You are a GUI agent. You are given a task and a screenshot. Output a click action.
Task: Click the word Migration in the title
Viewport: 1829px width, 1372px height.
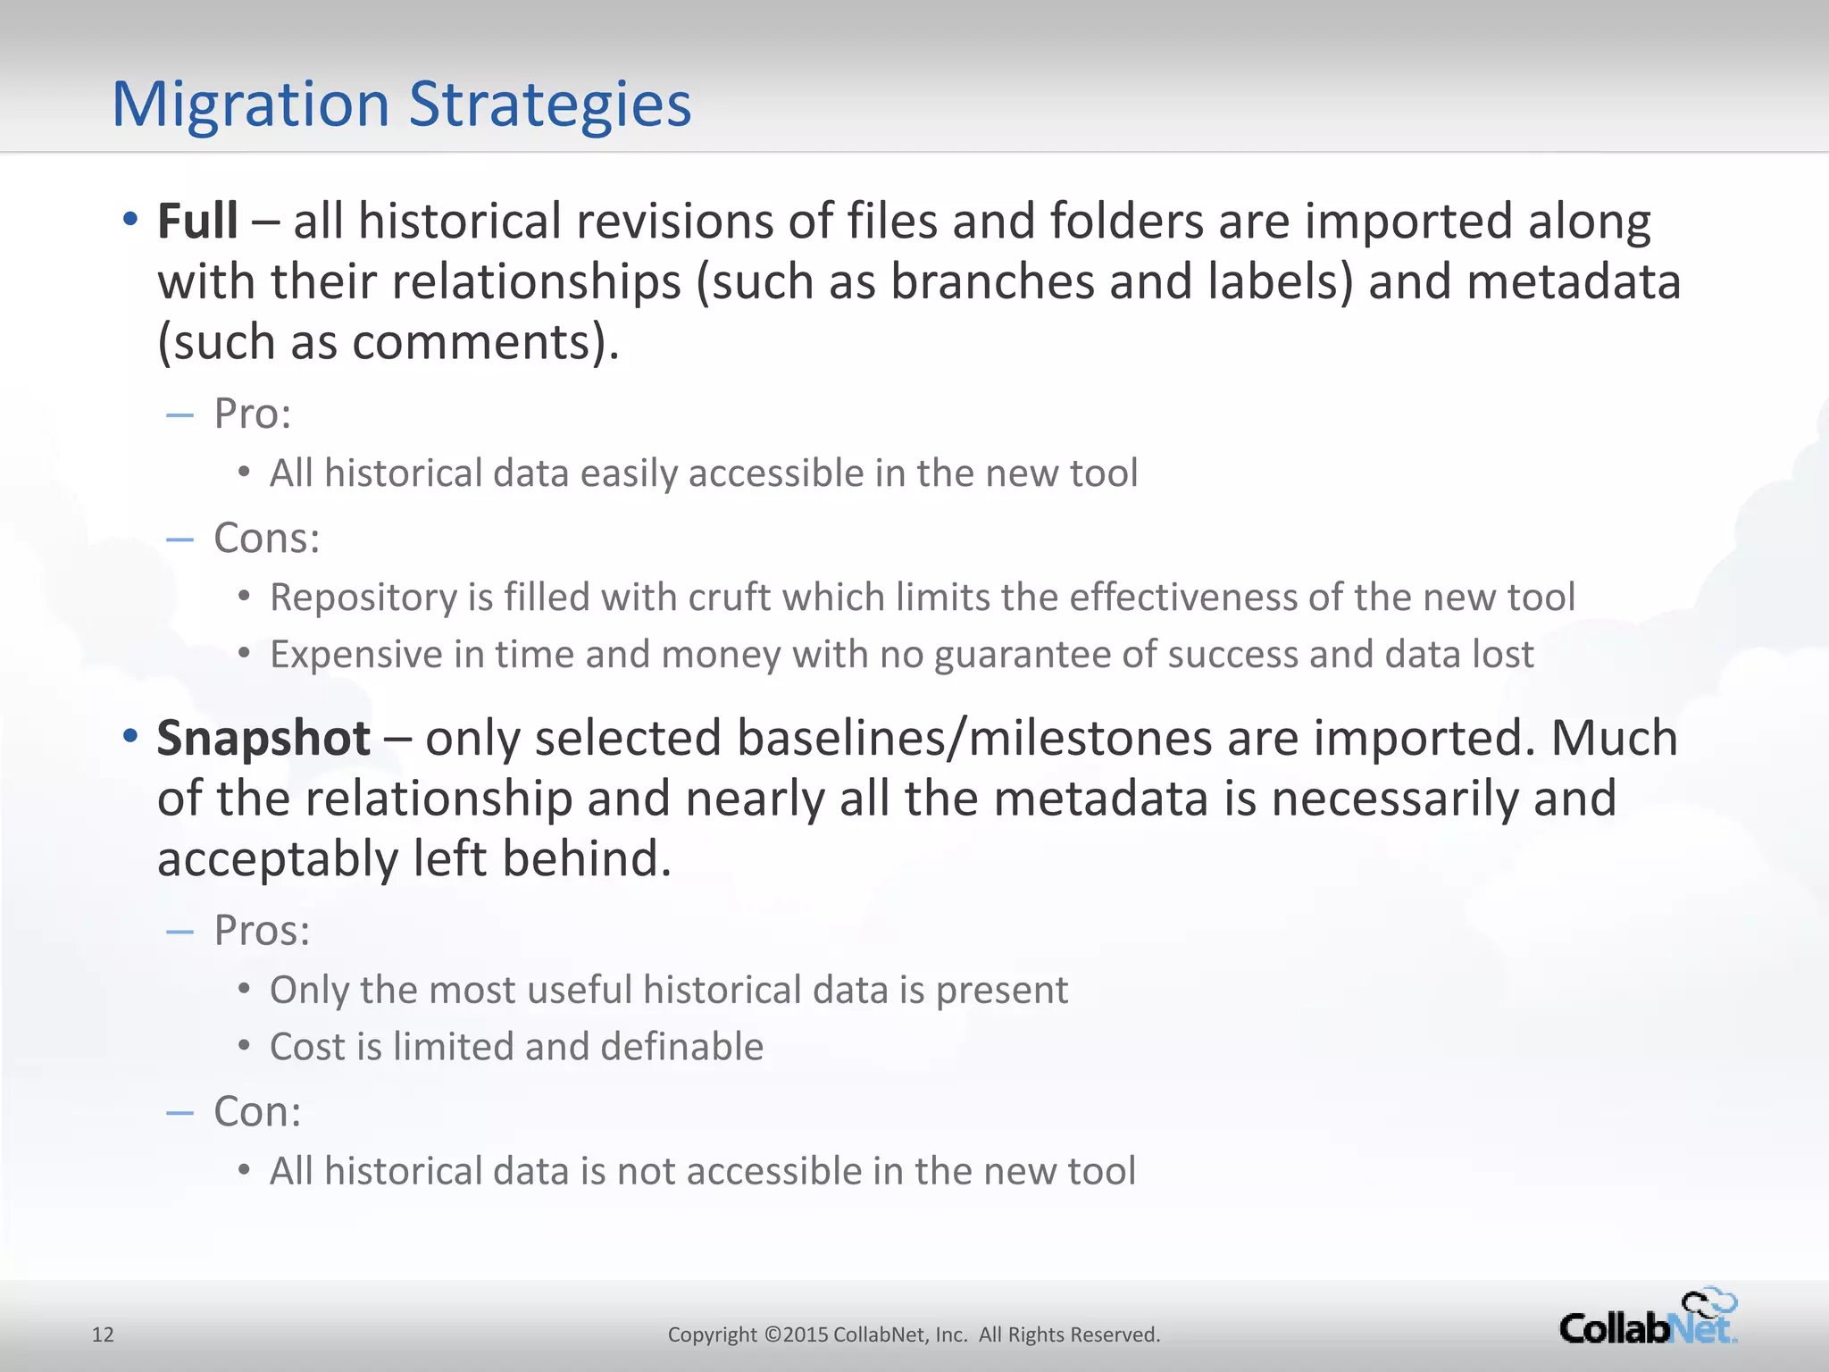(x=251, y=105)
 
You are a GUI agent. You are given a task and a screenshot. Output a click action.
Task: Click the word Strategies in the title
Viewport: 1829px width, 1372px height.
(x=550, y=105)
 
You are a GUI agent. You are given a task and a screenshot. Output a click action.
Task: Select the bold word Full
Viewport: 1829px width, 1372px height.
(x=197, y=221)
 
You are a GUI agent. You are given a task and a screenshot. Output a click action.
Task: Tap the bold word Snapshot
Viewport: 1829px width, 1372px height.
(x=263, y=738)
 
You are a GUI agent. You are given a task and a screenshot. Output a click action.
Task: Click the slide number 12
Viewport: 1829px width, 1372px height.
(x=103, y=1334)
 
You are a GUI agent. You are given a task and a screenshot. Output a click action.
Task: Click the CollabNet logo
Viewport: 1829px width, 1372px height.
(x=1648, y=1319)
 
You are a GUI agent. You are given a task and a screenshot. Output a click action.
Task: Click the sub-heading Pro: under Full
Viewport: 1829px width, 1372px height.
(x=253, y=414)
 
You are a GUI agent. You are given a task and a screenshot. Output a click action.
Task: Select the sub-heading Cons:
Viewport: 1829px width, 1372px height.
(x=266, y=538)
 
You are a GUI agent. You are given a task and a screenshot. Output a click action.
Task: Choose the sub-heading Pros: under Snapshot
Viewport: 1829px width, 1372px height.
(x=262, y=931)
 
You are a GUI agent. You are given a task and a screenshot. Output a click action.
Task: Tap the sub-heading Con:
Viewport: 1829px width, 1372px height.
(x=257, y=1112)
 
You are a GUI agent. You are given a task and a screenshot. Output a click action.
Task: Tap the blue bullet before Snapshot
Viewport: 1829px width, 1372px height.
(x=130, y=736)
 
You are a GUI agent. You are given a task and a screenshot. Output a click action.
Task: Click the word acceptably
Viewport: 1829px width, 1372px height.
(x=278, y=858)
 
